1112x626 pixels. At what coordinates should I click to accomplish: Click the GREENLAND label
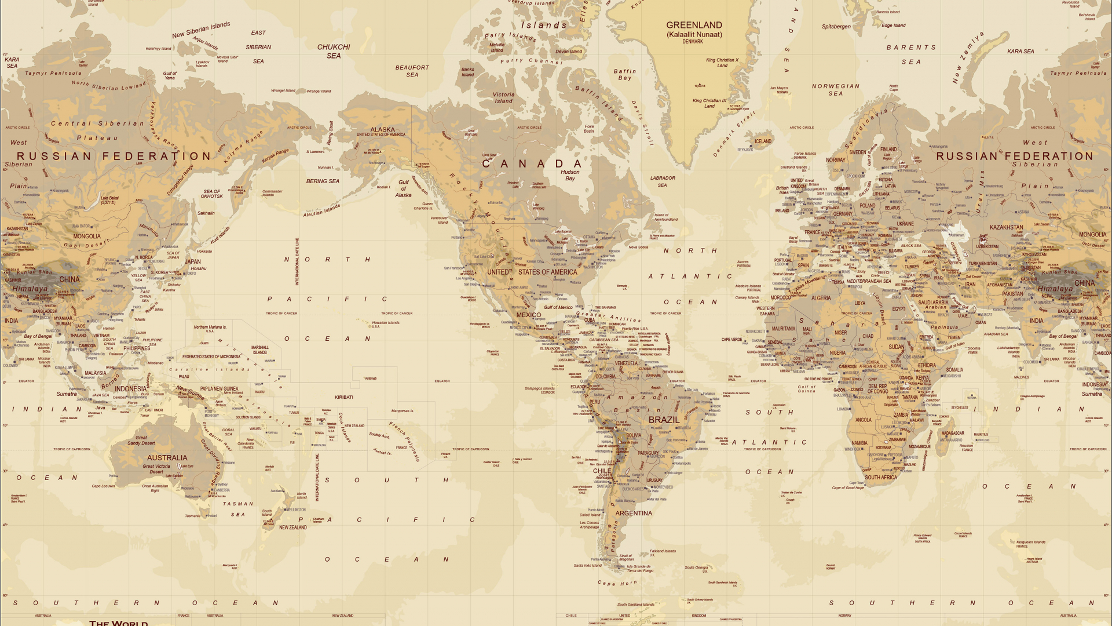tap(694, 26)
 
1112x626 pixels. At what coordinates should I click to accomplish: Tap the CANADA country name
tap(532, 164)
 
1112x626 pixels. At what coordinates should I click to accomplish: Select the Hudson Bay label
tap(570, 175)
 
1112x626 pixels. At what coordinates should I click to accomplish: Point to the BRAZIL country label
tap(664, 420)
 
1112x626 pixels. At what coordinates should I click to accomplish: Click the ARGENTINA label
tap(634, 513)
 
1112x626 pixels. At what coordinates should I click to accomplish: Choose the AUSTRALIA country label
tap(167, 458)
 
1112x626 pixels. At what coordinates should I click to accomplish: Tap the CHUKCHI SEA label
tap(334, 51)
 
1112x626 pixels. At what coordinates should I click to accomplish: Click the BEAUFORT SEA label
tap(412, 71)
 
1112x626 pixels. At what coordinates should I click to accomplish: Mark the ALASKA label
tap(382, 130)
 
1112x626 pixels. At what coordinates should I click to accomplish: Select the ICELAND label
tap(763, 141)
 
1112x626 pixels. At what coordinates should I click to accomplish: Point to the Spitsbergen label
tap(836, 27)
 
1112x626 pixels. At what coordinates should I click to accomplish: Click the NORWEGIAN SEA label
tap(836, 89)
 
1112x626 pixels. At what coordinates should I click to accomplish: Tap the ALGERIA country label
tap(821, 298)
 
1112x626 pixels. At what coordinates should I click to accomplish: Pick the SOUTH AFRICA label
tap(880, 478)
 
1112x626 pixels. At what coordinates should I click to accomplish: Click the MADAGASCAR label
tap(953, 433)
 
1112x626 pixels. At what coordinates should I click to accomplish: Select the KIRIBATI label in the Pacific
tap(343, 397)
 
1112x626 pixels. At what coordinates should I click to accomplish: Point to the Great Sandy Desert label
tap(141, 441)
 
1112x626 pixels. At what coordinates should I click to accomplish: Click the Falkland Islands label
tap(663, 551)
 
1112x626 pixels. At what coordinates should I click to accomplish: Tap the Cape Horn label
tap(617, 583)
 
